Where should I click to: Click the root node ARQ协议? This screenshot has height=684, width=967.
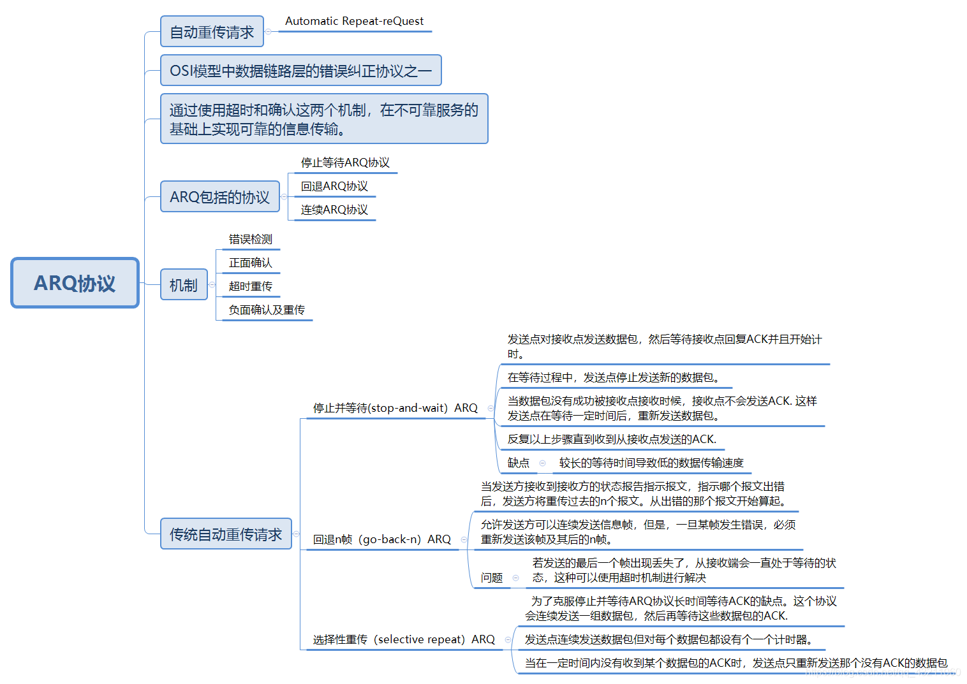(x=75, y=283)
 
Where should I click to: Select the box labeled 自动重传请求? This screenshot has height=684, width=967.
(x=212, y=32)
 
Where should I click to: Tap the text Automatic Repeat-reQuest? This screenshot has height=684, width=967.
(x=354, y=21)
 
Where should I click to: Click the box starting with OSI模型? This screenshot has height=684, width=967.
(x=300, y=71)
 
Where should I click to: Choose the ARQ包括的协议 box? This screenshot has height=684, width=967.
(x=219, y=197)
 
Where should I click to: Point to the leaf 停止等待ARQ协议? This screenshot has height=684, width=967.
(x=345, y=163)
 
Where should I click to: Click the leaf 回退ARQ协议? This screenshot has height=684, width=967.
(x=334, y=186)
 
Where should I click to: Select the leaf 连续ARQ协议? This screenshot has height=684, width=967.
(x=334, y=210)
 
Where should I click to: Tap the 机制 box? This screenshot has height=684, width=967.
(x=184, y=285)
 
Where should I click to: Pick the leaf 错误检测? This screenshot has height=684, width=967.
(x=251, y=239)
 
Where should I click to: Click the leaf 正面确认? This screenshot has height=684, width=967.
(x=251, y=263)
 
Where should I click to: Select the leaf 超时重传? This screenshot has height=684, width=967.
(x=251, y=286)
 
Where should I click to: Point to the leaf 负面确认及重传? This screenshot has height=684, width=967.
(x=267, y=310)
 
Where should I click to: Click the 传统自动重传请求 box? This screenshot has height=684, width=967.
(x=226, y=534)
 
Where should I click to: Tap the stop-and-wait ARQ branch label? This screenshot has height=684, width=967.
(x=395, y=408)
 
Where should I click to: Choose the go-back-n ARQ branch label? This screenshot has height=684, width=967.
(x=381, y=539)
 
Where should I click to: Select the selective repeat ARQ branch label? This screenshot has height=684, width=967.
(x=404, y=639)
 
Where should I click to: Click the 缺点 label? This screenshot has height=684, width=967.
(x=518, y=463)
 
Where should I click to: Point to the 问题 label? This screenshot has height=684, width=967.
(x=492, y=578)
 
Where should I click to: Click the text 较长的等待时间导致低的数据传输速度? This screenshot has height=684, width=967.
(x=651, y=463)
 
